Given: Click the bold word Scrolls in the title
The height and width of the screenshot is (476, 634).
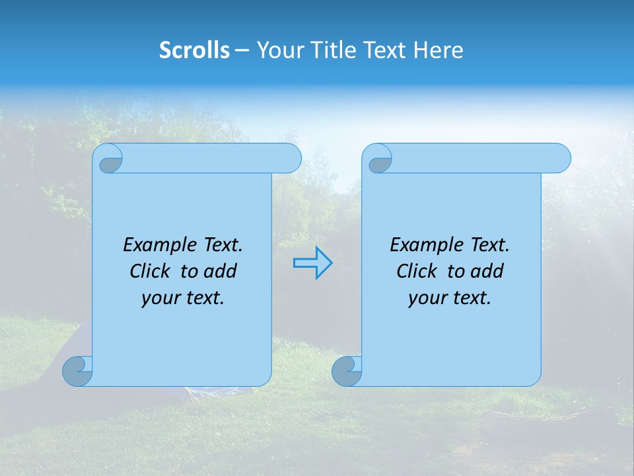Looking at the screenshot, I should pyautogui.click(x=194, y=50).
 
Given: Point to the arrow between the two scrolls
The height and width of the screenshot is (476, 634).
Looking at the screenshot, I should pyautogui.click(x=312, y=263).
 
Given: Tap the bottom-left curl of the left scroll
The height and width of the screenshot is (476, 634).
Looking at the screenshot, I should pyautogui.click(x=77, y=371).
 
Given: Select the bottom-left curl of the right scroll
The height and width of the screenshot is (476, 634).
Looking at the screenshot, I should pyautogui.click(x=346, y=371).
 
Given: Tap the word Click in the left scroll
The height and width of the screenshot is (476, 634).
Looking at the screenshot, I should pyautogui.click(x=151, y=271).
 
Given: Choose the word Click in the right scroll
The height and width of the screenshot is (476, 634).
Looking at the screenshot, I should pyautogui.click(x=418, y=271).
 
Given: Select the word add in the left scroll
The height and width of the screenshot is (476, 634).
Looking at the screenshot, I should pyautogui.click(x=221, y=271).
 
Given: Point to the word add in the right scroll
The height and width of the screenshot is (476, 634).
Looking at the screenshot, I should pyautogui.click(x=488, y=271).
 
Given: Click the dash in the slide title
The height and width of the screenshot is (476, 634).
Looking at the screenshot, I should pyautogui.click(x=242, y=50).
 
